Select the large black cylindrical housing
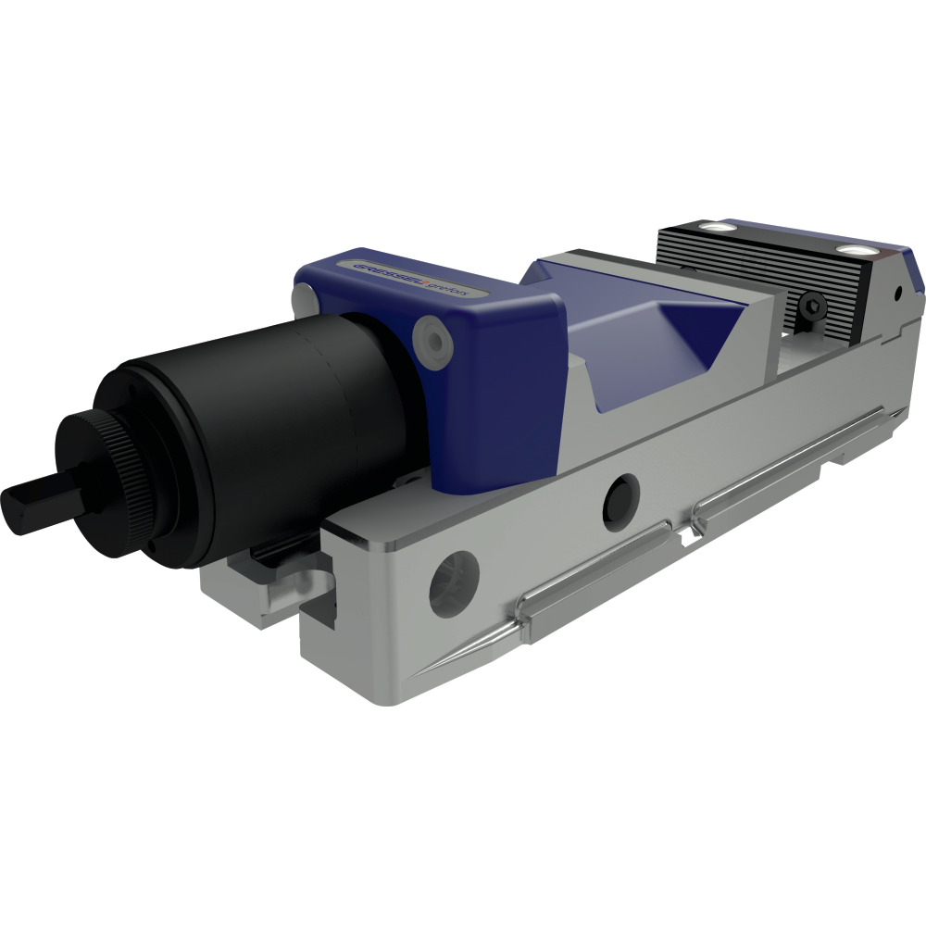pos(278,407)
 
